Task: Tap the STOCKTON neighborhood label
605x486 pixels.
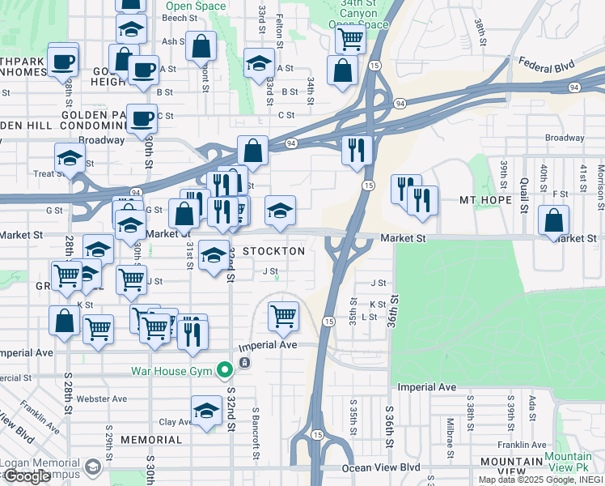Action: click(x=273, y=251)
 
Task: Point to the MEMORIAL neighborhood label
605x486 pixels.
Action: click(x=151, y=440)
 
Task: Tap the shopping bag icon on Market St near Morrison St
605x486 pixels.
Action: click(x=553, y=220)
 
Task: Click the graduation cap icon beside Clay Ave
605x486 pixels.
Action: click(x=207, y=411)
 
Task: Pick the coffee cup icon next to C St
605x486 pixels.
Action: click(x=142, y=118)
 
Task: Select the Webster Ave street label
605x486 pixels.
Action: click(x=101, y=399)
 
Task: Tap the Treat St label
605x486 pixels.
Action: click(x=49, y=173)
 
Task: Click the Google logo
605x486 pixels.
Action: click(x=27, y=476)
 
